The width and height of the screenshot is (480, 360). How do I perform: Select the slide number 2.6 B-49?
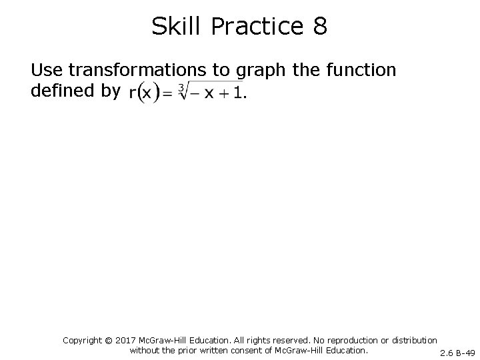coord(457,352)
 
